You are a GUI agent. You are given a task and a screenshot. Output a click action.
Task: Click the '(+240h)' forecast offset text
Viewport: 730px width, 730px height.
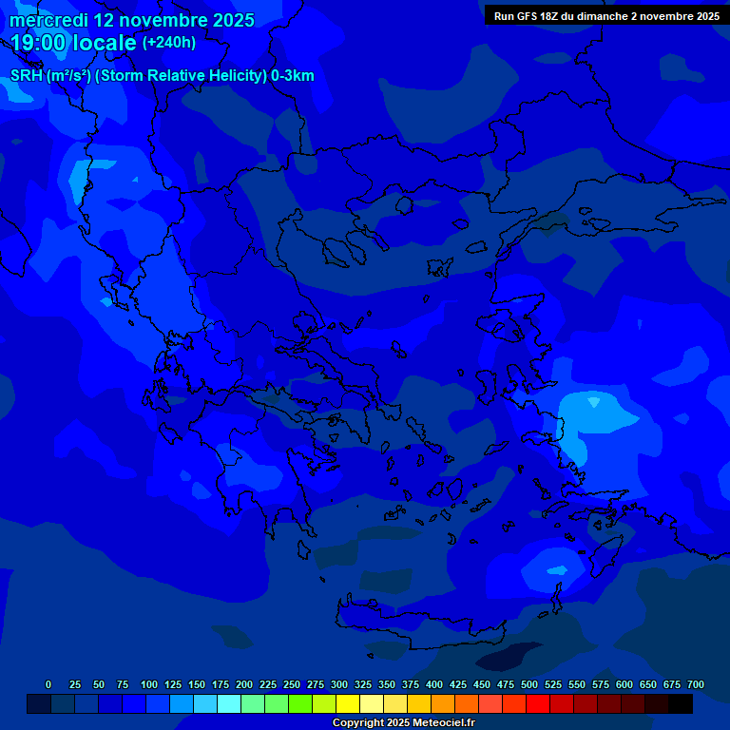click(x=169, y=43)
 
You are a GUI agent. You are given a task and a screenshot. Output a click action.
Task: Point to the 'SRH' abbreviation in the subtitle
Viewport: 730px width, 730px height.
click(x=27, y=76)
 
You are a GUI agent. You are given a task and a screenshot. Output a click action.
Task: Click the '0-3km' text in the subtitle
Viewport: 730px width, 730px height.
click(x=293, y=76)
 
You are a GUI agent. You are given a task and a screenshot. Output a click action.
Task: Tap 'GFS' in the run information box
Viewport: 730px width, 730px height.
click(x=528, y=16)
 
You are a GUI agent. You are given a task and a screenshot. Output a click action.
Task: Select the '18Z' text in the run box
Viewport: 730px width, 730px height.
click(x=553, y=16)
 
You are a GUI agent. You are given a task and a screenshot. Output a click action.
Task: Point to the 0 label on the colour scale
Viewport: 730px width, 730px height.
click(x=48, y=684)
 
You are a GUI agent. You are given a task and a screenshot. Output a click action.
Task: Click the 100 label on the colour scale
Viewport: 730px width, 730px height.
click(x=149, y=684)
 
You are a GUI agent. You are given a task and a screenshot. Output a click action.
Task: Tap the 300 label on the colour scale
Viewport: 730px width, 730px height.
click(x=339, y=684)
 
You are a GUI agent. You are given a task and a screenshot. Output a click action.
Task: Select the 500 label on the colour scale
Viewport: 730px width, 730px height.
click(x=529, y=684)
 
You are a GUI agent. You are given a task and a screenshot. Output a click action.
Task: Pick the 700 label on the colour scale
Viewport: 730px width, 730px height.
click(x=696, y=684)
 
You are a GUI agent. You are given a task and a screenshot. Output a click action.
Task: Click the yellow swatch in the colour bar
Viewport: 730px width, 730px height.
click(x=348, y=704)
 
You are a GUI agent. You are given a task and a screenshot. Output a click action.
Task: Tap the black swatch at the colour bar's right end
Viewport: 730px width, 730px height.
click(x=681, y=704)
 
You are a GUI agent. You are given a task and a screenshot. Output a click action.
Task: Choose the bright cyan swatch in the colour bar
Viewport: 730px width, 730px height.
click(x=229, y=704)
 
